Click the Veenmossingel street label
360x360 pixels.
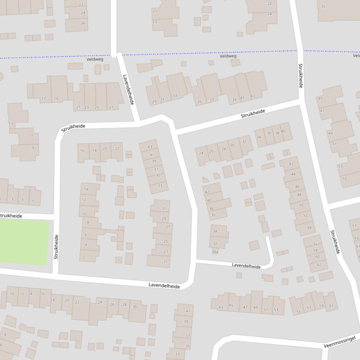point(340,342)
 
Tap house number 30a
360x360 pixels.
point(215,252)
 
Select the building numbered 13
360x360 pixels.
point(11,123)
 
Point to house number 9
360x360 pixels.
point(33,148)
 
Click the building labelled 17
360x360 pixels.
point(44,99)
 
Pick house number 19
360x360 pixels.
point(56,99)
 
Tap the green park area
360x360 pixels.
point(23,242)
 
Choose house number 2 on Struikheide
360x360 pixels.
point(84,257)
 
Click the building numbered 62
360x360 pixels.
point(319,265)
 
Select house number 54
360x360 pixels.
point(309,228)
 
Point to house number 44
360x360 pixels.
point(293,174)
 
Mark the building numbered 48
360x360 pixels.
point(300,195)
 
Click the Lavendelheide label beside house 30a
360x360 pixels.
point(246,266)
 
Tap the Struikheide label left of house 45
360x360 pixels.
point(301,76)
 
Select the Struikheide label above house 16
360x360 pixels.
point(73,127)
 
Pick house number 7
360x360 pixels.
point(33,202)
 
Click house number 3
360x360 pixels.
point(12,200)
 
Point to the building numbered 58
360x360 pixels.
point(315,250)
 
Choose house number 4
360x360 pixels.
point(86,245)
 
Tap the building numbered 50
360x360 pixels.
point(301,205)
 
